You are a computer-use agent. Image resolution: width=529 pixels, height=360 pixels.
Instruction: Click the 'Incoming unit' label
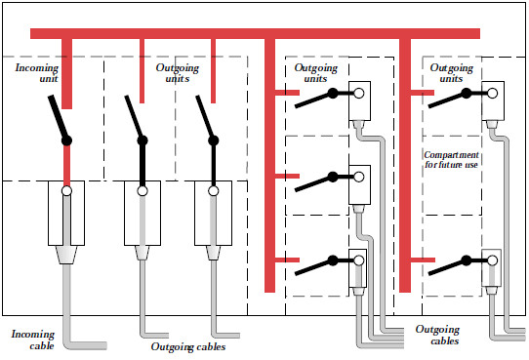37,74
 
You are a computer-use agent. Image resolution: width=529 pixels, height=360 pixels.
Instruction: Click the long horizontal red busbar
254,33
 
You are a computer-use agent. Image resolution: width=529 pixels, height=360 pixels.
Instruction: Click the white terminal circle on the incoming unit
66,192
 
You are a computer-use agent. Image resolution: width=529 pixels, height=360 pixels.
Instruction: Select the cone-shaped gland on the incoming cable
66,256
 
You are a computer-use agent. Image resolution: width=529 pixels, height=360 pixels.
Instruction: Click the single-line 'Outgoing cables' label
189,346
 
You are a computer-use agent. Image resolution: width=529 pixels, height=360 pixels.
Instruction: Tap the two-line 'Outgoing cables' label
437,335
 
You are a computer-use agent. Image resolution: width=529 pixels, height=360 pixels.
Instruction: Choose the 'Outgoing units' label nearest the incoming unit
177,74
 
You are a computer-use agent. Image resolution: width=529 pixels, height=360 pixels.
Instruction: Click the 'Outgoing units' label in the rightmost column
452,74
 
